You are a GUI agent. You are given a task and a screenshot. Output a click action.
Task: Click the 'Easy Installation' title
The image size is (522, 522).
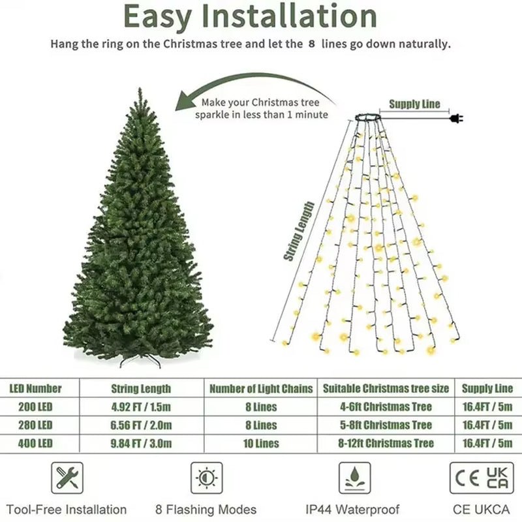(x=250, y=18)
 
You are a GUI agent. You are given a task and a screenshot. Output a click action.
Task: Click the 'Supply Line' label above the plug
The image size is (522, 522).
(x=414, y=104)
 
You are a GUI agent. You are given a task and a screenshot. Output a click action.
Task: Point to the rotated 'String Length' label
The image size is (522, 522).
(x=299, y=232)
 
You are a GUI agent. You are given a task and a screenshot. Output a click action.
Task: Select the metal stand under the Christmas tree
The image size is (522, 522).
(x=140, y=360)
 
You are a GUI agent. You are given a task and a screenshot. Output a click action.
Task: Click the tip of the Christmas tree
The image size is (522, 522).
(x=139, y=92)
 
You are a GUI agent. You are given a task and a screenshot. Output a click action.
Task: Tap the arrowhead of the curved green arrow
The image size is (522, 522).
(x=187, y=101)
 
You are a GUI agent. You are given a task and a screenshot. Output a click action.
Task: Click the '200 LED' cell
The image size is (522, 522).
(x=31, y=407)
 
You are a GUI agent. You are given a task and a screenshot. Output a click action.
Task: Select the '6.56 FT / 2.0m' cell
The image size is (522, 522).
(x=141, y=425)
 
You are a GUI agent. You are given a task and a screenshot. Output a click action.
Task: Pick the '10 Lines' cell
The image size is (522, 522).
(x=261, y=444)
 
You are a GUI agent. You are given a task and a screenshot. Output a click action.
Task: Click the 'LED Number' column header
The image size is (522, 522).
(x=35, y=388)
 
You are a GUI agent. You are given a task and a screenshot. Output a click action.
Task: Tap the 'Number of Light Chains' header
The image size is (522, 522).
(x=261, y=389)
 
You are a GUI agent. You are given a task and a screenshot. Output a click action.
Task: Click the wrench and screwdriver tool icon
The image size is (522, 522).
(x=67, y=478)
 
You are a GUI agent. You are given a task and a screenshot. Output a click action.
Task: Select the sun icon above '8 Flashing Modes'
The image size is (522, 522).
(x=206, y=478)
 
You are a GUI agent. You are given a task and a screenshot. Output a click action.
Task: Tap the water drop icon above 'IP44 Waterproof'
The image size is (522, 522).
(x=354, y=478)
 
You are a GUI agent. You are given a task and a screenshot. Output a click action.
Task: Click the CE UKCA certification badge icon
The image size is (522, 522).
(x=482, y=478)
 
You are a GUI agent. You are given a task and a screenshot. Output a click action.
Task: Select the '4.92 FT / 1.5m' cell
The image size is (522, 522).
(x=141, y=407)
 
